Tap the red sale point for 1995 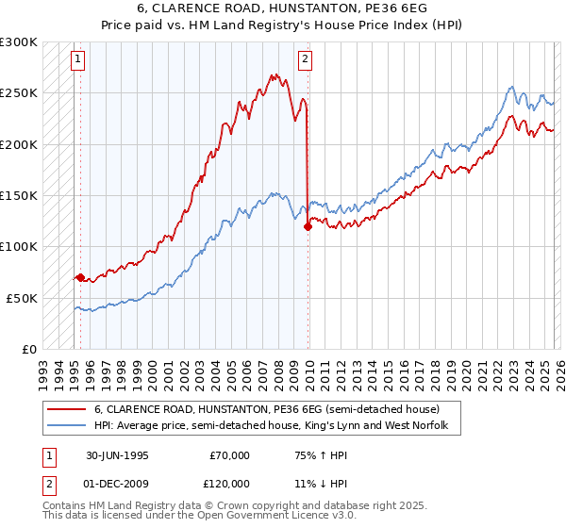click(x=80, y=277)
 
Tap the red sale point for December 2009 click(x=308, y=226)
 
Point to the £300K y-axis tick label click(x=19, y=42)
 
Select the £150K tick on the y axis click(x=19, y=195)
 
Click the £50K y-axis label click(x=23, y=298)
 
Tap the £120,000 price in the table click(x=229, y=483)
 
